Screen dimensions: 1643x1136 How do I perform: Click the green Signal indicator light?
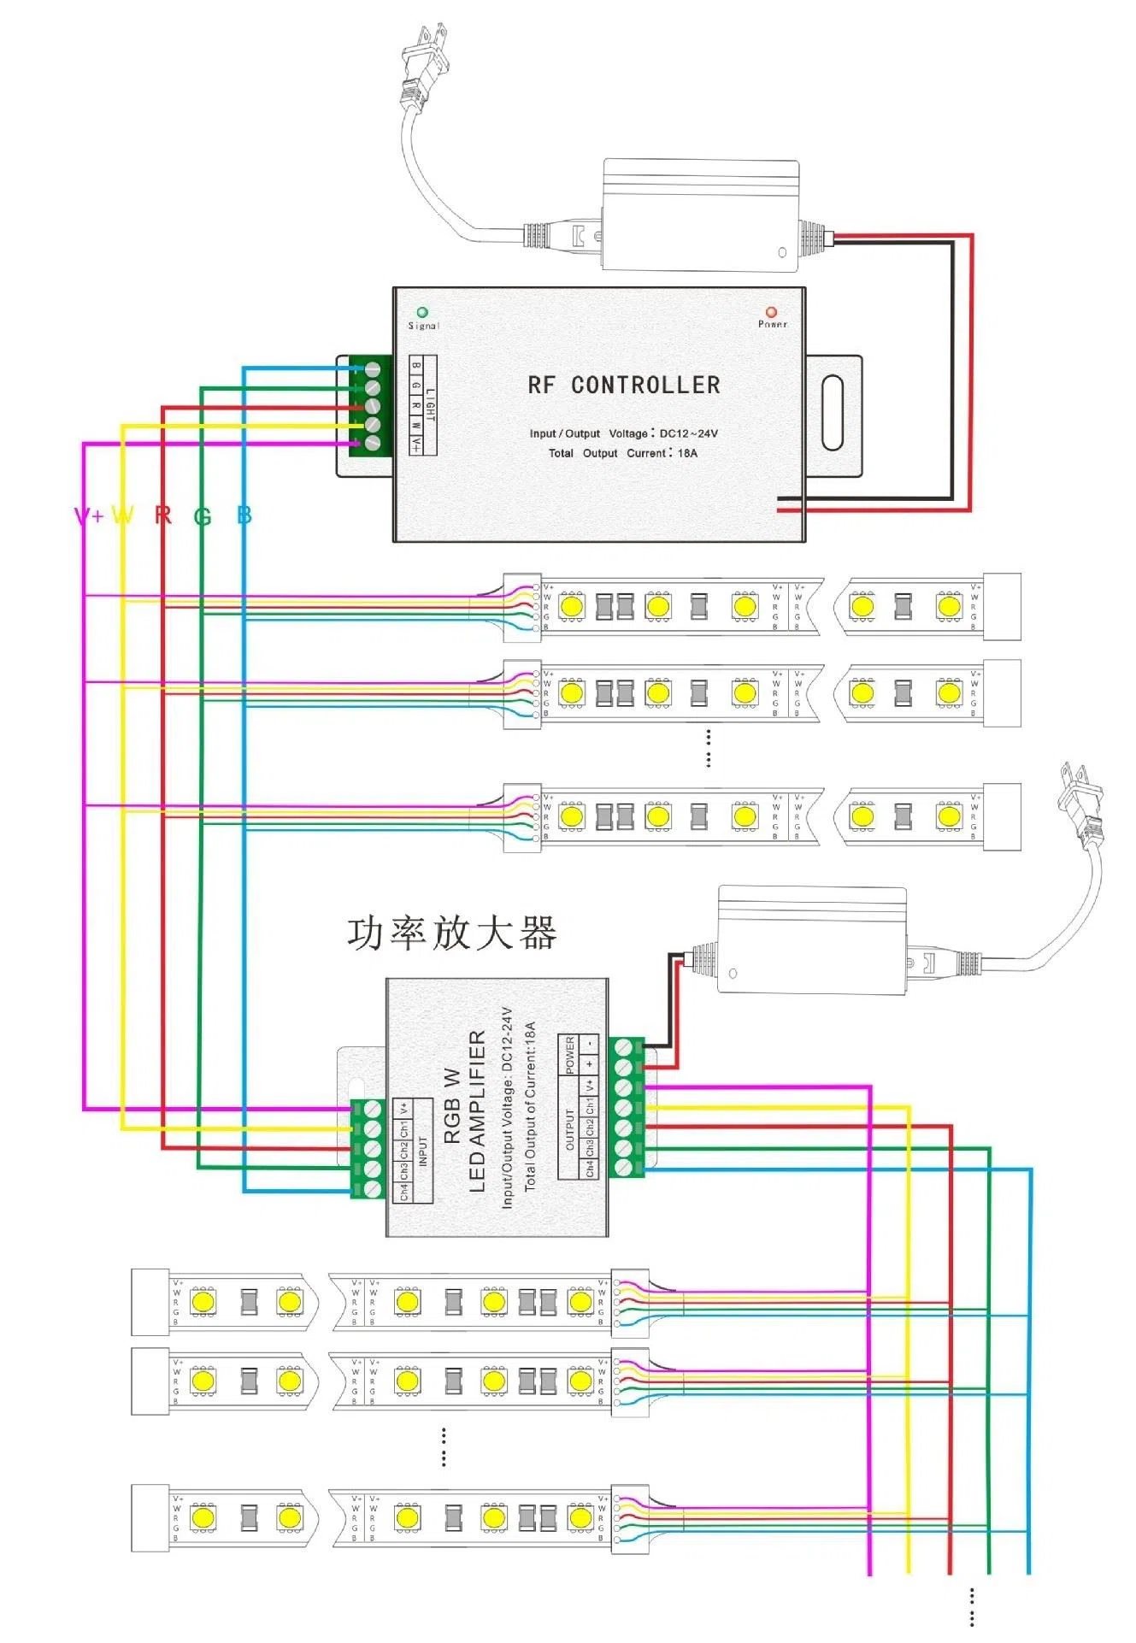coord(421,313)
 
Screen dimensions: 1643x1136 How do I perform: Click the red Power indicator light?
coord(771,312)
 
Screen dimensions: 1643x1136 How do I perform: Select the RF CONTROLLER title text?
coord(624,386)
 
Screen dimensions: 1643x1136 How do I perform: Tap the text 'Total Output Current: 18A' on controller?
coord(623,453)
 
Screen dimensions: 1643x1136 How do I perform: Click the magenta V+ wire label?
coord(89,515)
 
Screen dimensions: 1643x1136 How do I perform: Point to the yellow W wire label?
coord(123,515)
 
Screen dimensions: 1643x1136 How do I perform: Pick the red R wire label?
coord(163,515)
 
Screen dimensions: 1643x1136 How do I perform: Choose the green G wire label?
coord(203,516)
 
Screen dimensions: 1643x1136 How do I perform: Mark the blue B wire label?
coord(244,515)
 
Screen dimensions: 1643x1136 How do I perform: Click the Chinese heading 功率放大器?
coord(452,933)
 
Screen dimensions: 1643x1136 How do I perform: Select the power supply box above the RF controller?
coord(700,215)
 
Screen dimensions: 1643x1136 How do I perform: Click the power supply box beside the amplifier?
coord(811,940)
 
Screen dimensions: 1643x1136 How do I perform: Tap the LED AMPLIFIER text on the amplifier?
coord(477,1110)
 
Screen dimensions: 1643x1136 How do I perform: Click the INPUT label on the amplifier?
coord(423,1151)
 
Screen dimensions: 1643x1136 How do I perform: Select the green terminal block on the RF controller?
coord(370,406)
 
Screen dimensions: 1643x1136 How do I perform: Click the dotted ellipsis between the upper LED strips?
coord(708,747)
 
